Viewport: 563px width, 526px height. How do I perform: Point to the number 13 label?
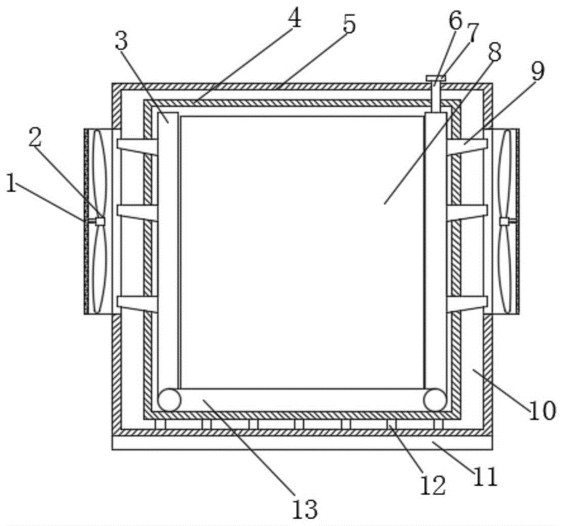point(305,509)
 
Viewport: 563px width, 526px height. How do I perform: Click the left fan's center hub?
point(100,221)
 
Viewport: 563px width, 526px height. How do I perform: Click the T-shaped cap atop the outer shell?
point(435,78)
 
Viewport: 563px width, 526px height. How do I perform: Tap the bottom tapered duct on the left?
point(137,304)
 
